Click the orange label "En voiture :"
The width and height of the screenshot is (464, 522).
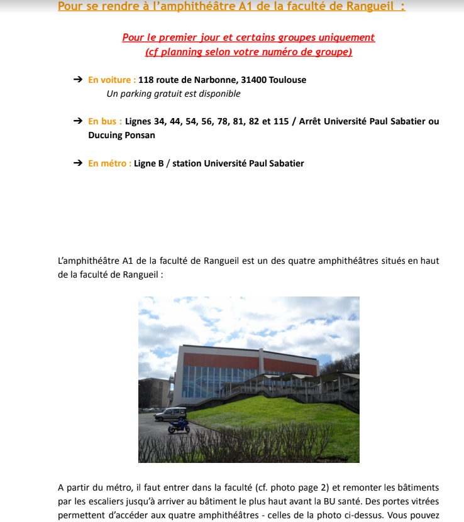point(112,80)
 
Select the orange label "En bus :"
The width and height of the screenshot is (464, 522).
point(105,121)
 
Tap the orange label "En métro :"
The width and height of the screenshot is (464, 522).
point(109,163)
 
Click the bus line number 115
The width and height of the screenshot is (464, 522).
point(280,121)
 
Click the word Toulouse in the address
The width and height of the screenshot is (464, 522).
point(288,80)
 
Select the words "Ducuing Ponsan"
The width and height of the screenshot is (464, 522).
point(121,135)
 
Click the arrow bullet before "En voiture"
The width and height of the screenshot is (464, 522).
point(78,80)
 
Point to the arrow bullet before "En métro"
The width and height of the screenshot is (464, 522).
point(78,163)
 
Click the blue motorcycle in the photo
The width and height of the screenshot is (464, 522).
point(179,427)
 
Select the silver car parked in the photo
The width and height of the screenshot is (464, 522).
point(171,414)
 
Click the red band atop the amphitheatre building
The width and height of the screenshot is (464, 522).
point(251,362)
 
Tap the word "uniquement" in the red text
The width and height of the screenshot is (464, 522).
point(344,38)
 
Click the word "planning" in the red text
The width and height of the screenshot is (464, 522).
point(182,52)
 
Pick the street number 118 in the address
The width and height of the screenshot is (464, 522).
point(146,80)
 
